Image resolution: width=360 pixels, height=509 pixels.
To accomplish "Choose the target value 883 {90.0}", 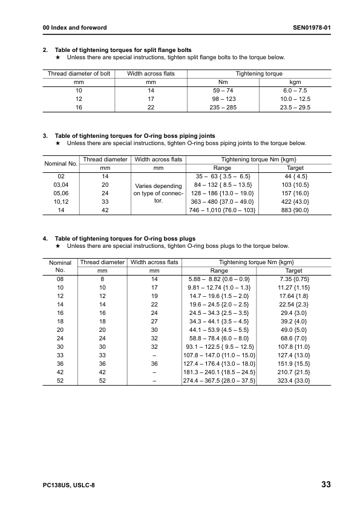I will click(x=294, y=210).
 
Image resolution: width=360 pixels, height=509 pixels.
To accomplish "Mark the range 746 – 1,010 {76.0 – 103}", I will click(x=223, y=210).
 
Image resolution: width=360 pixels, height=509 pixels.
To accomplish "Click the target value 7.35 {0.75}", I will click(x=294, y=280).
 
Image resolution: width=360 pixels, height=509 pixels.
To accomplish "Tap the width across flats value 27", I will click(x=154, y=322).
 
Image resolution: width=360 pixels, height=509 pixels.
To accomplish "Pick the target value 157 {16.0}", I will click(x=294, y=193).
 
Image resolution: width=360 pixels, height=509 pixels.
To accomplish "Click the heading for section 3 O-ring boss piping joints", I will click(x=134, y=135).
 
